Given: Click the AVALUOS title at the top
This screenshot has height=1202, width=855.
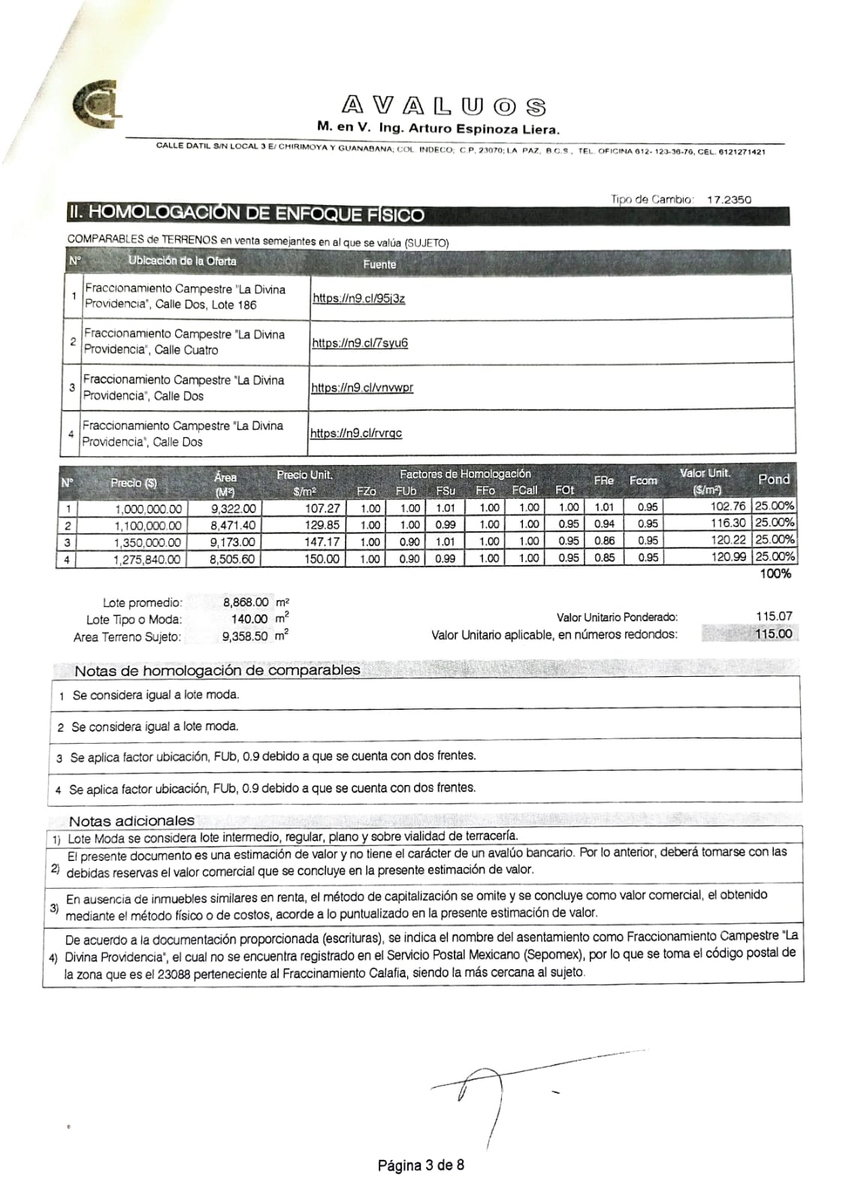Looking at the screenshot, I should pos(444,106).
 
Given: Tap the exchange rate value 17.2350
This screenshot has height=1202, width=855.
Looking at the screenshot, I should pos(729,200).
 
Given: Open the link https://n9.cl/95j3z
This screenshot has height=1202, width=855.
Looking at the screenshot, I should pos(358,298).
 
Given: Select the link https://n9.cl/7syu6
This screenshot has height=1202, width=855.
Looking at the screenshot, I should pos(360,343).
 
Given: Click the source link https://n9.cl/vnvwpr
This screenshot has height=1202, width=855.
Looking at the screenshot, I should pos(362,388).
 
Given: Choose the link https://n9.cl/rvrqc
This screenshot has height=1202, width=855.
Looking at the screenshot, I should pos(356,433).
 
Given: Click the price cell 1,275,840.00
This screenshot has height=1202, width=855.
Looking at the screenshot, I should pos(147,559).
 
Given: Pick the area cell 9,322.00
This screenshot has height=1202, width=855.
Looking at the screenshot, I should pos(233,509).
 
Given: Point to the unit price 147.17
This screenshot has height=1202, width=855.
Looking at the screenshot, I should pos(322,542).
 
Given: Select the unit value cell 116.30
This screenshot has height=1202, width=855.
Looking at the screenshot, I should pos(728,523).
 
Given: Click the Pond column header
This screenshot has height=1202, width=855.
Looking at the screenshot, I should pos(773,479).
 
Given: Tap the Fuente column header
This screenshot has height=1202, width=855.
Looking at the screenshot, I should pos(379,264).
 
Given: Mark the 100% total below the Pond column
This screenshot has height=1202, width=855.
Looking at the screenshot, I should pos(775,574).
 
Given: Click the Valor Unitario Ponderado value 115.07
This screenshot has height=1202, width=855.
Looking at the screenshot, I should pos(774,616).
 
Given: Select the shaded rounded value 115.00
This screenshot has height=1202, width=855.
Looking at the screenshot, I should pos(773,633).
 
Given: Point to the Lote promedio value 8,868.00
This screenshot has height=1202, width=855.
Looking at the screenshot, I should pos(246,602).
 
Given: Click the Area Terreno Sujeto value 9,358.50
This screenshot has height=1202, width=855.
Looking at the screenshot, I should pos(245,636).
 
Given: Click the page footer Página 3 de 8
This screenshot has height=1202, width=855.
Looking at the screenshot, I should pos(421,1165).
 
